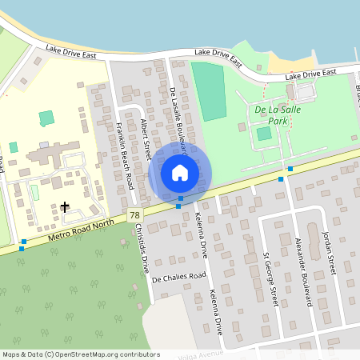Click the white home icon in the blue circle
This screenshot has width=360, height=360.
180,172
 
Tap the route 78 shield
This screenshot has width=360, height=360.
134,216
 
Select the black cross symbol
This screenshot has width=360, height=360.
65,208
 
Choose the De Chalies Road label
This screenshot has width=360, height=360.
177,271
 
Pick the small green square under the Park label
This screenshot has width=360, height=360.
264,133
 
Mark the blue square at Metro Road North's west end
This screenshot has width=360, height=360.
23,241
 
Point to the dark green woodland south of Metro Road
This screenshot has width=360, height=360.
64,296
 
